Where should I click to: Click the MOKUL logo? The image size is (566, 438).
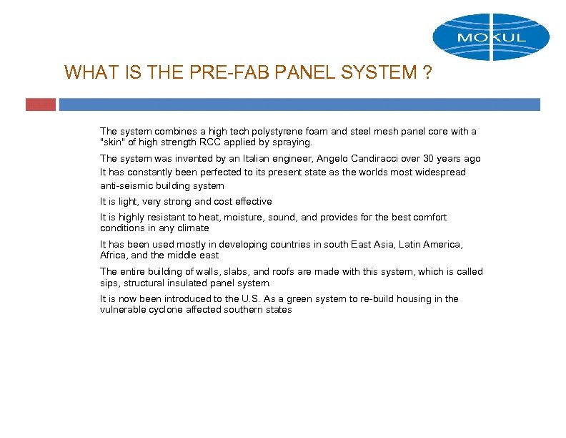coord(491,36)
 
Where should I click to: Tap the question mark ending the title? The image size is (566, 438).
coord(427,72)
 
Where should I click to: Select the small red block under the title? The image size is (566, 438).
coord(40,104)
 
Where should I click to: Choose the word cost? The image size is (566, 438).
coord(219,202)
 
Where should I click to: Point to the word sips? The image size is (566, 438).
coord(109,283)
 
